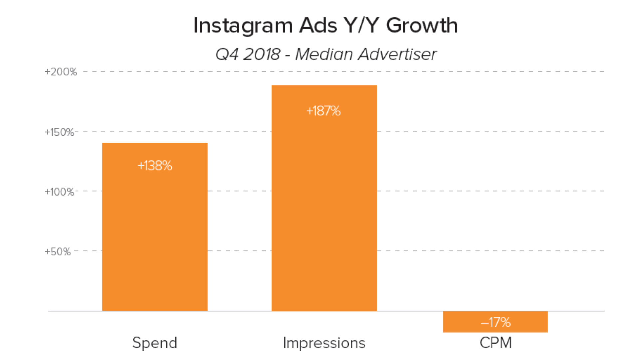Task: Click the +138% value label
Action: [x=155, y=166]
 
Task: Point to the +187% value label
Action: [x=323, y=111]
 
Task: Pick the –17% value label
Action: [x=496, y=322]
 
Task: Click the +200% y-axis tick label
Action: [x=61, y=72]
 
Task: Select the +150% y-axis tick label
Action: [x=60, y=132]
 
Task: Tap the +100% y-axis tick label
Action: [x=60, y=192]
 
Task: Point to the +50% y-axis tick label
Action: [x=58, y=252]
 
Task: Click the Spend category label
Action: [x=155, y=343]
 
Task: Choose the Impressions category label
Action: [x=324, y=343]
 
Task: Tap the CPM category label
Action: [x=496, y=343]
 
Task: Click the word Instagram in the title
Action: [x=243, y=26]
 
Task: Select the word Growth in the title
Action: [x=422, y=26]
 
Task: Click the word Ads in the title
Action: [x=318, y=26]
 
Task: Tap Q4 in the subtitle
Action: [x=227, y=54]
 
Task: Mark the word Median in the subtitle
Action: [x=324, y=54]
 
